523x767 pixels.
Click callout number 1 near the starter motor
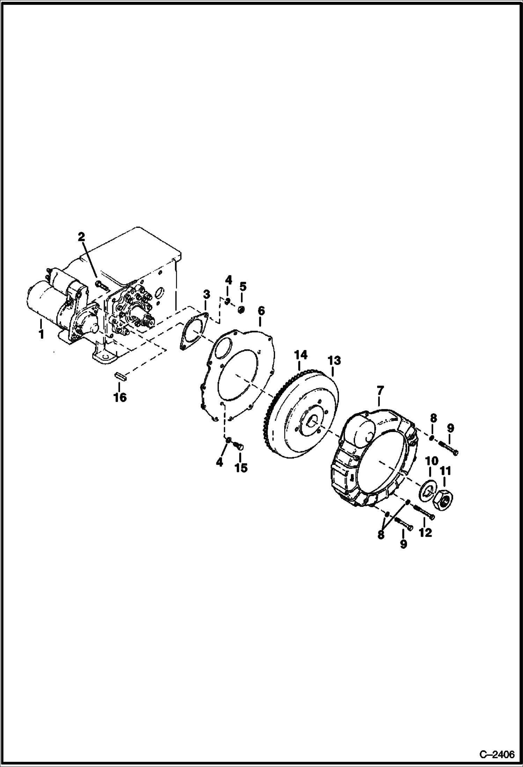(x=41, y=334)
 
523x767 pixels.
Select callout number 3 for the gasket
(x=206, y=294)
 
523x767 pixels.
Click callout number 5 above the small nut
(x=243, y=287)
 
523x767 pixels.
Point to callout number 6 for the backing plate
(x=261, y=310)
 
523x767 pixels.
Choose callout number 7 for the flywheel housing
(x=380, y=390)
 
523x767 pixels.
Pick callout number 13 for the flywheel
(x=334, y=360)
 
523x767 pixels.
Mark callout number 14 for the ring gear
(x=301, y=355)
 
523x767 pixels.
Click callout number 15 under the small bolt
(x=241, y=468)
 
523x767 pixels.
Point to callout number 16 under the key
(x=120, y=397)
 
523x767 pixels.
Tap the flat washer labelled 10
(x=426, y=490)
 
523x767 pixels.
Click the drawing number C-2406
(x=497, y=755)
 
